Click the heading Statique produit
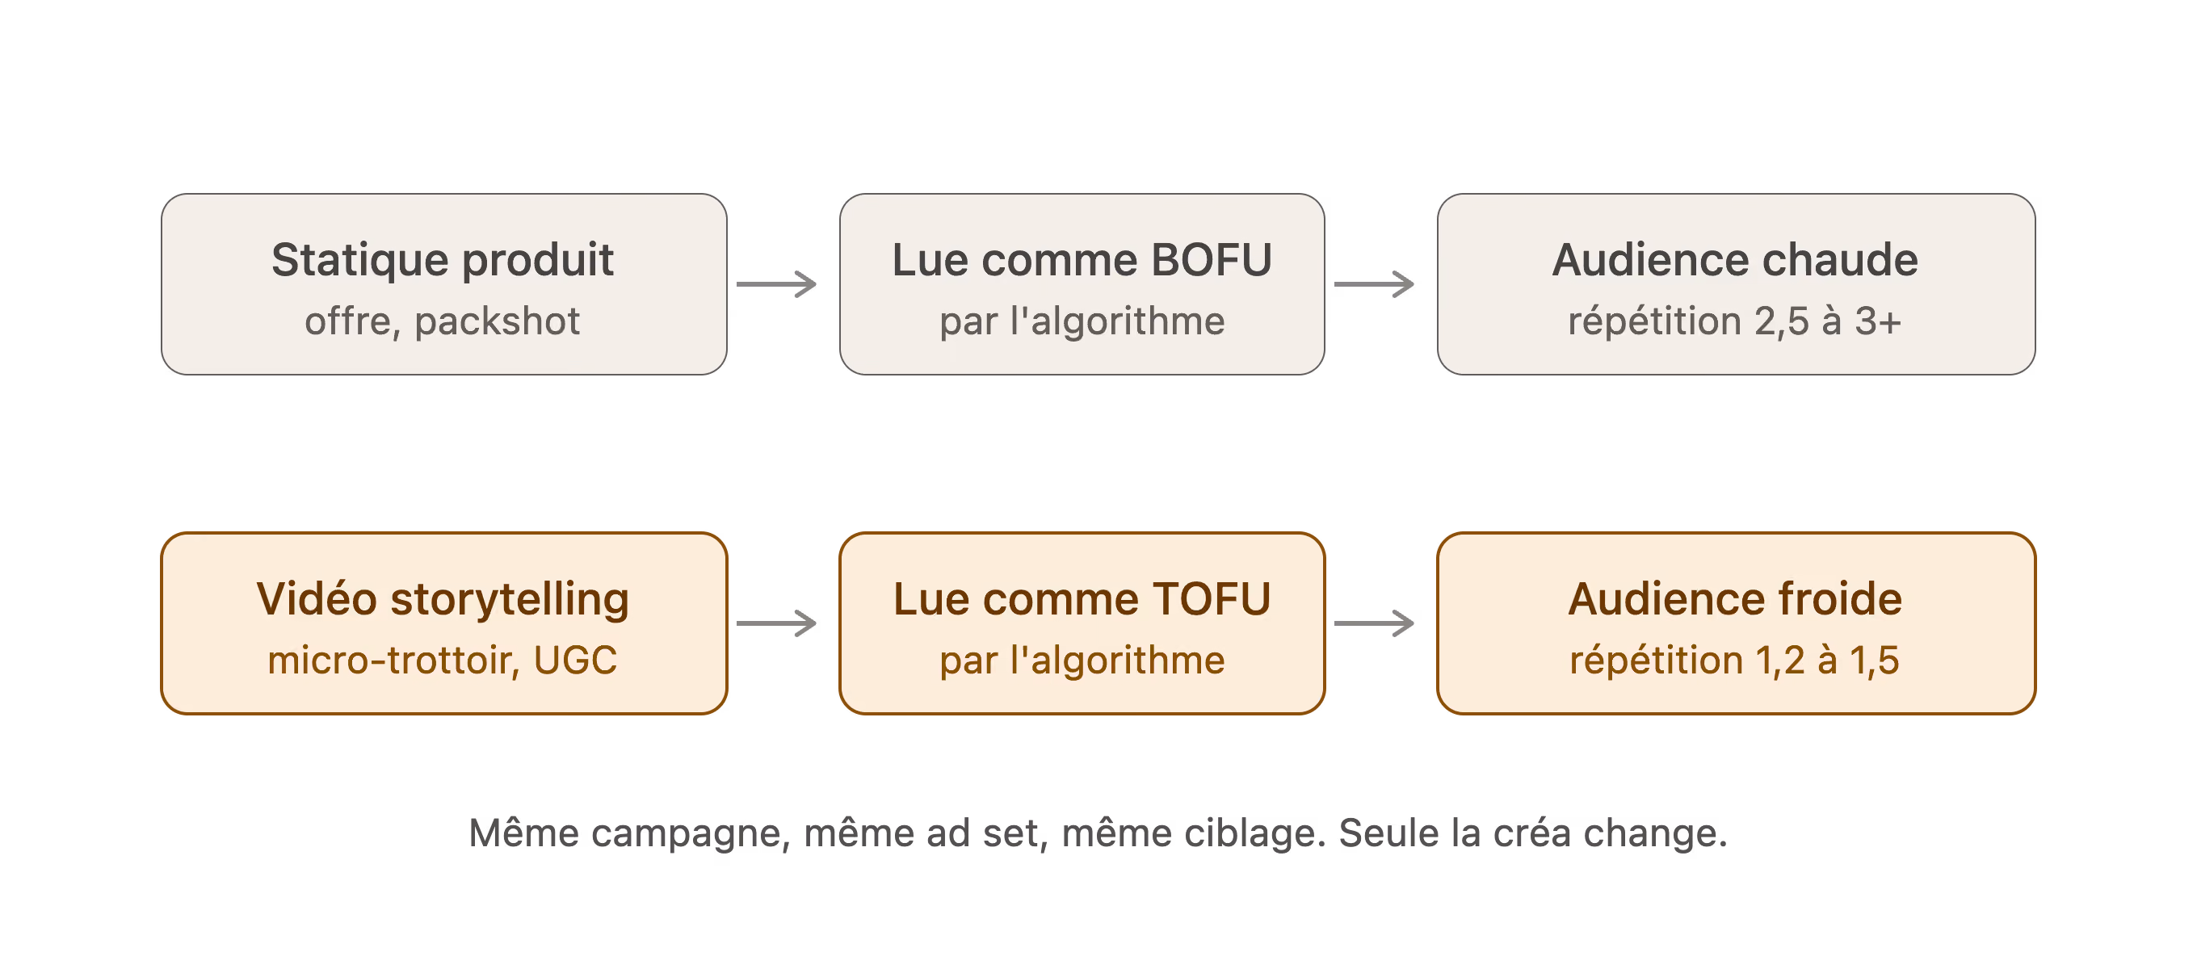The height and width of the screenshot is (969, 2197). click(x=443, y=261)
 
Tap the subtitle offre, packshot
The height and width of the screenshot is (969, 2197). click(x=443, y=321)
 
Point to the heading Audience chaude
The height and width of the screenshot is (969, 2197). click(x=1735, y=260)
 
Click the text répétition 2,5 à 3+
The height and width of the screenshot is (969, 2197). click(x=1735, y=321)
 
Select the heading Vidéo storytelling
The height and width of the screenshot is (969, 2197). click(x=443, y=600)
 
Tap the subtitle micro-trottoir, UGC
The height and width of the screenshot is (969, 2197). click(x=443, y=661)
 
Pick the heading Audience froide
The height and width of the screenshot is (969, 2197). click(x=1735, y=599)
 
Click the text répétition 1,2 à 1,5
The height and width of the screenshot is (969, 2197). click(x=1735, y=661)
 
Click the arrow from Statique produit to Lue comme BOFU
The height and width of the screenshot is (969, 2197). click(x=777, y=284)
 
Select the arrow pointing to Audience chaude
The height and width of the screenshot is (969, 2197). click(x=1374, y=284)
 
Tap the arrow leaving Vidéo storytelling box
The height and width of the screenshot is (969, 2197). click(x=777, y=623)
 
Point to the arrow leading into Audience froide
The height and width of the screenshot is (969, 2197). click(x=1374, y=623)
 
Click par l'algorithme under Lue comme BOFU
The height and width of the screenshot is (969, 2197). click(x=1082, y=321)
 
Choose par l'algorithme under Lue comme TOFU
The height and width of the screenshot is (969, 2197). click(x=1082, y=661)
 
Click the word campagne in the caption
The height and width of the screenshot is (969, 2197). click(x=690, y=834)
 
